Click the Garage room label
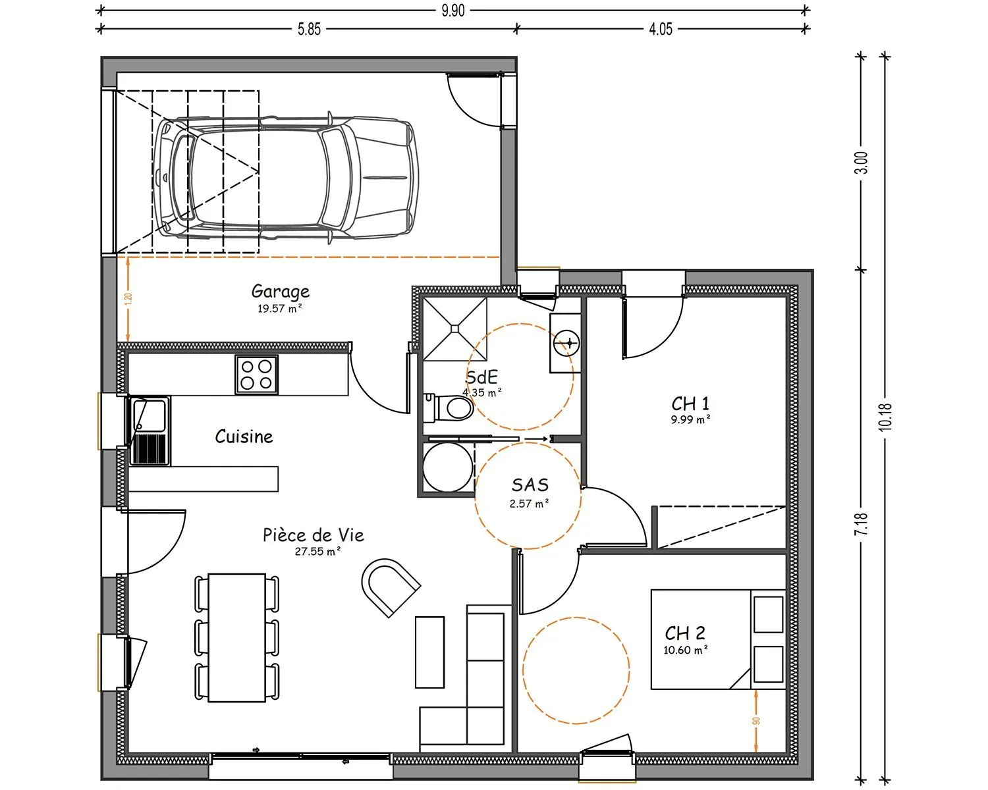pyautogui.click(x=281, y=291)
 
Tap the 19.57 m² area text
pyautogui.click(x=279, y=309)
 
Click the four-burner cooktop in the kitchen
pyautogui.click(x=257, y=375)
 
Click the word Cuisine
pyautogui.click(x=244, y=436)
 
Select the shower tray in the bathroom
pyautogui.click(x=454, y=329)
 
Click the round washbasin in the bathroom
pyautogui.click(x=566, y=343)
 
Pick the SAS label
pyautogui.click(x=530, y=485)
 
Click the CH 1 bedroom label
pyautogui.click(x=690, y=404)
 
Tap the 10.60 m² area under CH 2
pyautogui.click(x=686, y=650)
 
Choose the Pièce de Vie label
pyautogui.click(x=313, y=535)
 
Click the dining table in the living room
pyautogui.click(x=237, y=638)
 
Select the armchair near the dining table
pyautogui.click(x=390, y=587)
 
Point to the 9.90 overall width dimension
pyautogui.click(x=453, y=10)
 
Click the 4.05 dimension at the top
pyautogui.click(x=661, y=30)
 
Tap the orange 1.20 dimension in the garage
pyautogui.click(x=128, y=299)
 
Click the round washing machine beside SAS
pyautogui.click(x=447, y=467)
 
